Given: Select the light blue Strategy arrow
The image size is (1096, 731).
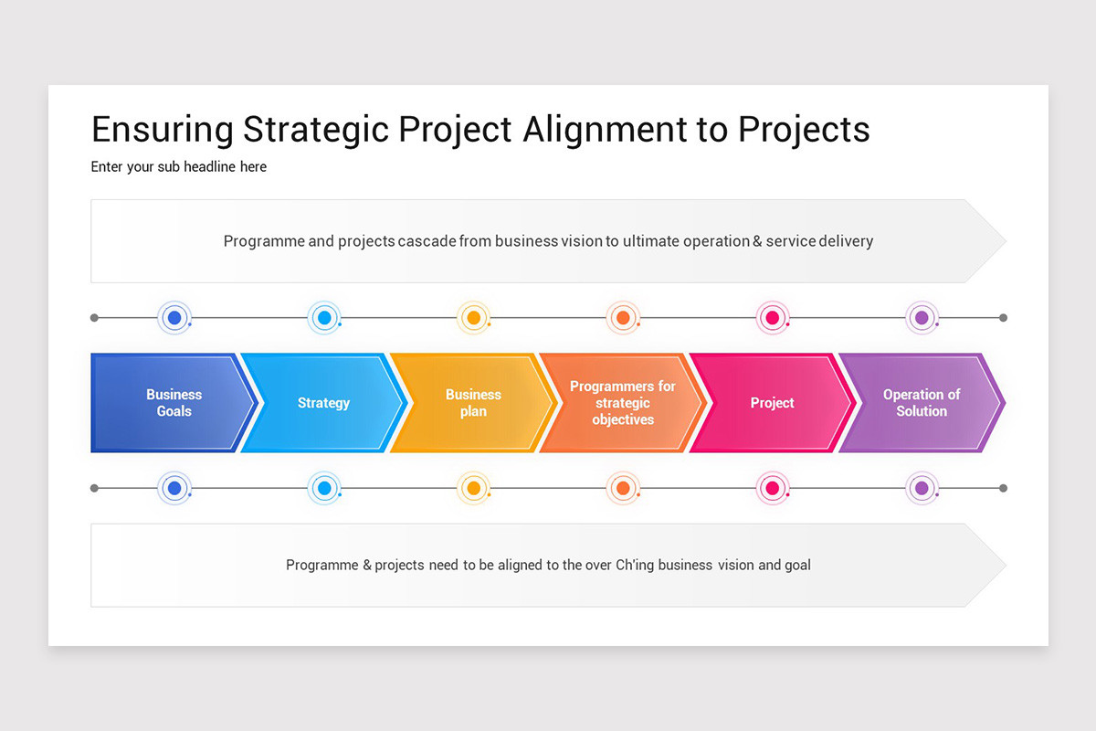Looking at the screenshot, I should click(x=322, y=403).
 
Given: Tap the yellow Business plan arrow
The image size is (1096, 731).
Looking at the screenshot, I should click(x=472, y=403).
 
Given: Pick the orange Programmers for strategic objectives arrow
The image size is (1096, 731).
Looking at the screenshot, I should click(x=622, y=403).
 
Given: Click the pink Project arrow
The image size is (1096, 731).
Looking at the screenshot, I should click(x=772, y=403).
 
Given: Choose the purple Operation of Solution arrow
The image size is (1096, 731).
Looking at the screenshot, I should click(x=921, y=403).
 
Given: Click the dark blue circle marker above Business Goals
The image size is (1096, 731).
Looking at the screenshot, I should click(x=174, y=318).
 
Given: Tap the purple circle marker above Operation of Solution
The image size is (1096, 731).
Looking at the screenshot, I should click(x=922, y=318).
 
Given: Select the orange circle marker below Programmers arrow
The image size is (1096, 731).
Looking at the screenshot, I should click(x=623, y=488).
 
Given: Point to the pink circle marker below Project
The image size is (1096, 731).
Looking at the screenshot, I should click(x=772, y=488).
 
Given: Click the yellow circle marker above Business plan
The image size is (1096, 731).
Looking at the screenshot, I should click(x=473, y=318).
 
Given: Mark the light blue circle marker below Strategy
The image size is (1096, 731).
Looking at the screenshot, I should click(x=323, y=488).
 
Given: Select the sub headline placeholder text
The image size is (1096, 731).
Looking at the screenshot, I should click(x=179, y=167).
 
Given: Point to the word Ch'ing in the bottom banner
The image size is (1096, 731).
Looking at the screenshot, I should click(x=637, y=565).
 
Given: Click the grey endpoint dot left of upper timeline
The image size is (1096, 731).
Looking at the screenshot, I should click(x=94, y=318).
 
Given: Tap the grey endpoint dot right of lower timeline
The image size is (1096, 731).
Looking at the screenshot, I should click(x=1003, y=488).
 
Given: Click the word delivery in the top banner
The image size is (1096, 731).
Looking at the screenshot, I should click(x=845, y=241).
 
